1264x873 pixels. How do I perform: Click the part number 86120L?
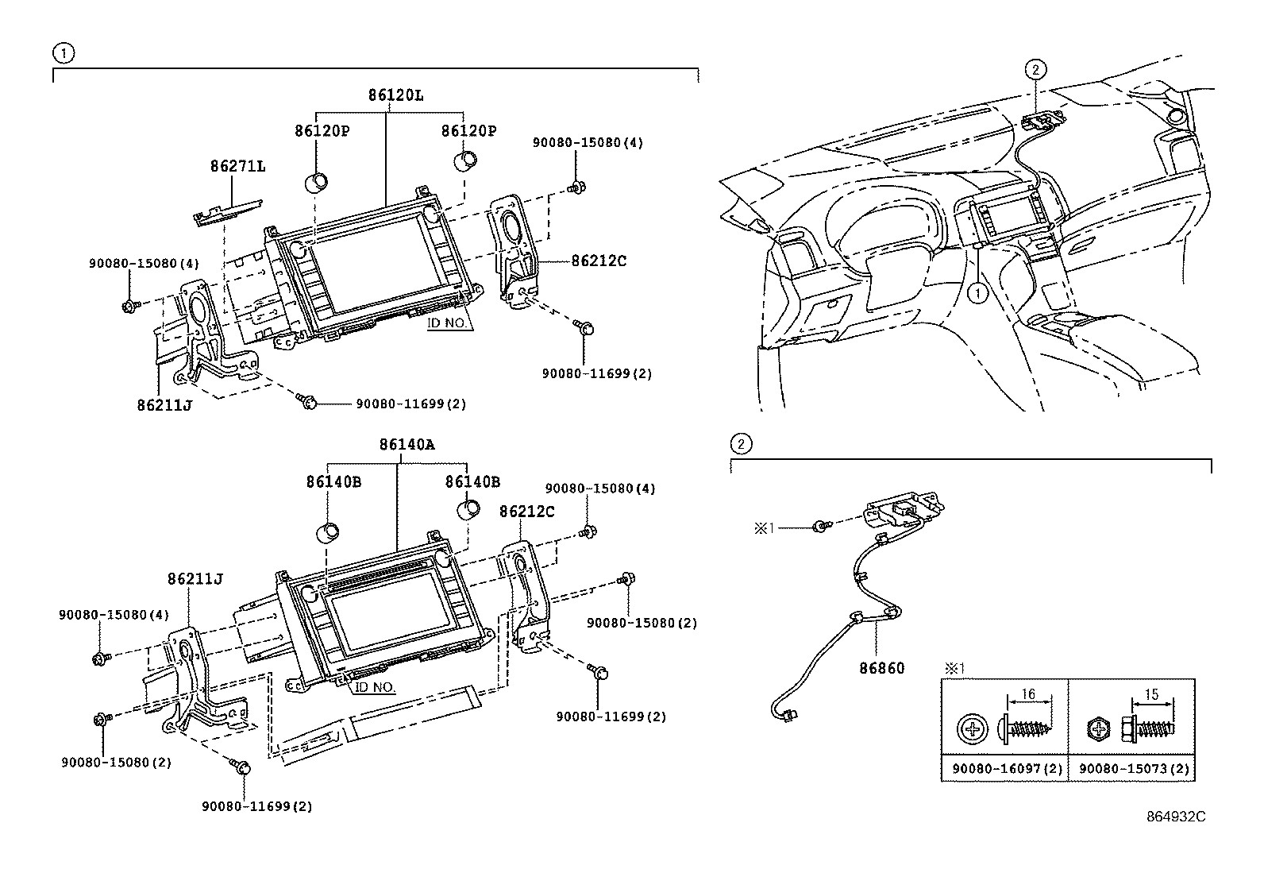tap(395, 95)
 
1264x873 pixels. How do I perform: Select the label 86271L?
tap(237, 167)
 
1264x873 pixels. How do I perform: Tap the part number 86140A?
tap(407, 445)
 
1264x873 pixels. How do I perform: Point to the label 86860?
tap(881, 669)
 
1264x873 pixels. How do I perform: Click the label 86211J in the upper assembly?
tap(164, 404)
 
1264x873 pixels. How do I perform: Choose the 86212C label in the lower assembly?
tap(526, 512)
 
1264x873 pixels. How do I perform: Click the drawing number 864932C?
tap(1174, 817)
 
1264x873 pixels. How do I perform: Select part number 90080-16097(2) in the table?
tap(1004, 768)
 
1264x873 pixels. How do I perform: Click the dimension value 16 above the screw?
tap(1027, 694)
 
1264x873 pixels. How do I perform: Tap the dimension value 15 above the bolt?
tap(1153, 694)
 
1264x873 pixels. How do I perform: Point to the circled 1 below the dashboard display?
tap(977, 293)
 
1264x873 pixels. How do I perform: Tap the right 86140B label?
tap(472, 481)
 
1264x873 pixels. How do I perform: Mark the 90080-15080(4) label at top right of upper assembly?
tap(588, 143)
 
